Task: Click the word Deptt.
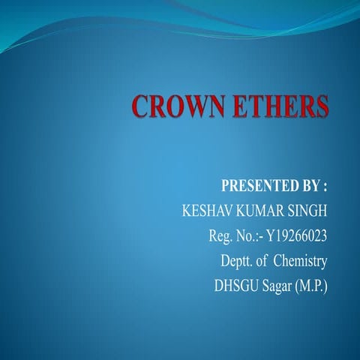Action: [x=238, y=262]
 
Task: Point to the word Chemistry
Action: [x=300, y=262]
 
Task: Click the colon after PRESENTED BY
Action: [x=326, y=185]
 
